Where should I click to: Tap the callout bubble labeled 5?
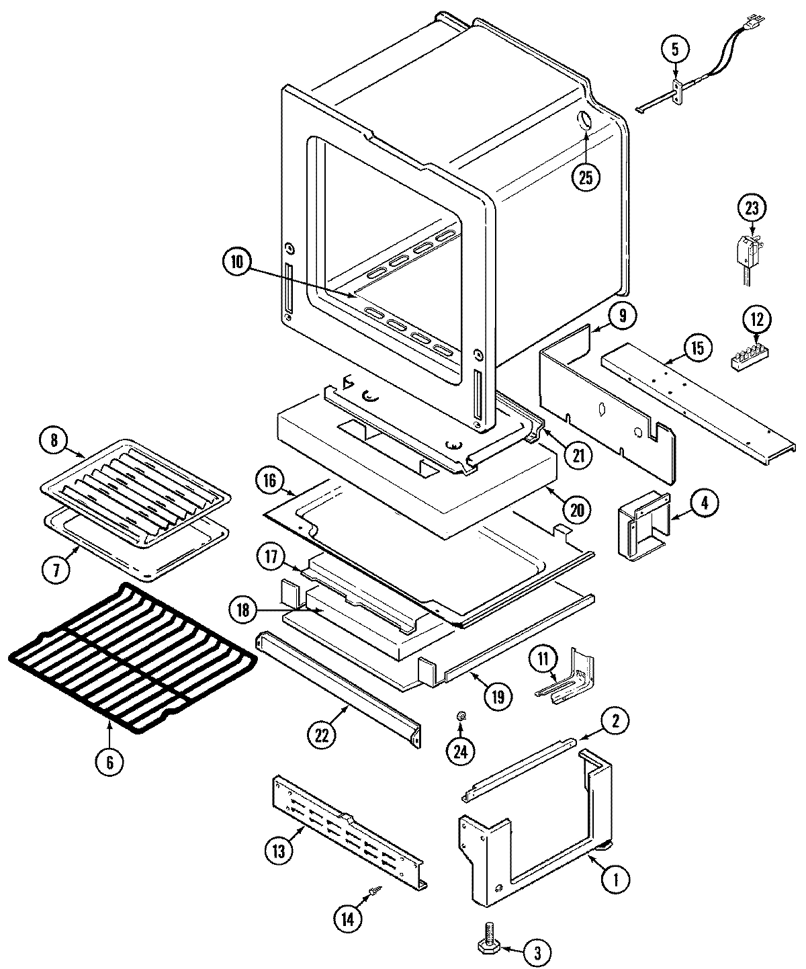pos(675,48)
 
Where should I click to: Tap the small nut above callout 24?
pos(461,717)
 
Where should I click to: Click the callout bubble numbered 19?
pos(498,695)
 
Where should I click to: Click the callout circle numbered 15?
pos(697,348)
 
